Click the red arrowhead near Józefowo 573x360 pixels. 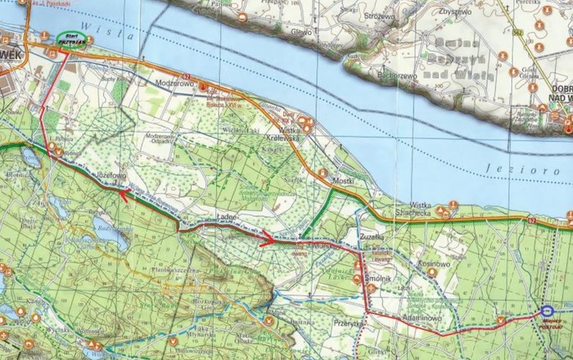(124, 195)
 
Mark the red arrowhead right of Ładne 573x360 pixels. (268, 239)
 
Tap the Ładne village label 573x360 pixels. (228, 217)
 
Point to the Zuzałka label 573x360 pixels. (373, 234)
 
